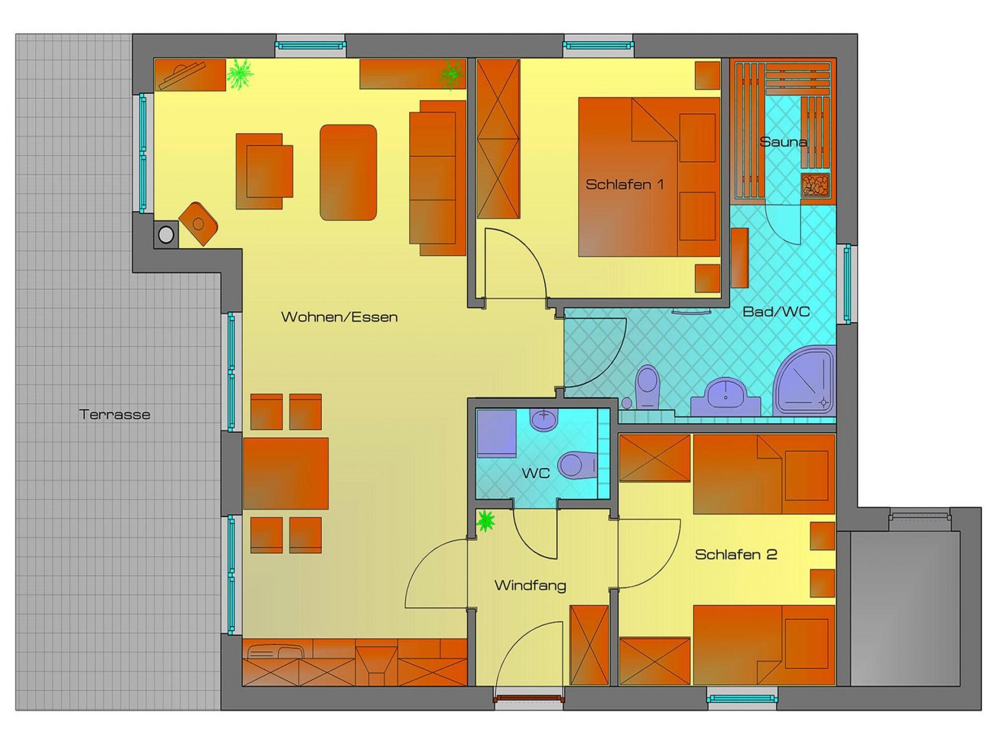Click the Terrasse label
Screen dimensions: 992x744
(x=115, y=414)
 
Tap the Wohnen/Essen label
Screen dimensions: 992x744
(x=339, y=317)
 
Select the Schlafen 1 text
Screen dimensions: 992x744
(x=625, y=184)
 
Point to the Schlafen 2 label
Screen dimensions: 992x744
(x=736, y=554)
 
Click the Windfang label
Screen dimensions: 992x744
(x=530, y=585)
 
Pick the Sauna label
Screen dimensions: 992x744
(x=784, y=142)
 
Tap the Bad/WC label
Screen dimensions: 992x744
(x=776, y=312)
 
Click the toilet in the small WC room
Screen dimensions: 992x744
(x=577, y=465)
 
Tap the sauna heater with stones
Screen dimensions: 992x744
(x=815, y=185)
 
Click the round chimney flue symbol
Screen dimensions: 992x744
(x=166, y=235)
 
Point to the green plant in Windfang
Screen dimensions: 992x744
(x=485, y=521)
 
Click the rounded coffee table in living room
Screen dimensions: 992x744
(x=348, y=173)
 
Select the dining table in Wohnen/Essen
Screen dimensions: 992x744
(x=286, y=473)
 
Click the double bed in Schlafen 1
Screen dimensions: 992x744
(x=649, y=177)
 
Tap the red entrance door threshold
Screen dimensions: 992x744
(x=529, y=699)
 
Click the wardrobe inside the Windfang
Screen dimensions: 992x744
(x=589, y=645)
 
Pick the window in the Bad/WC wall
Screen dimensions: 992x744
(x=847, y=284)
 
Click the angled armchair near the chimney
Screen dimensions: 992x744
(x=198, y=224)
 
